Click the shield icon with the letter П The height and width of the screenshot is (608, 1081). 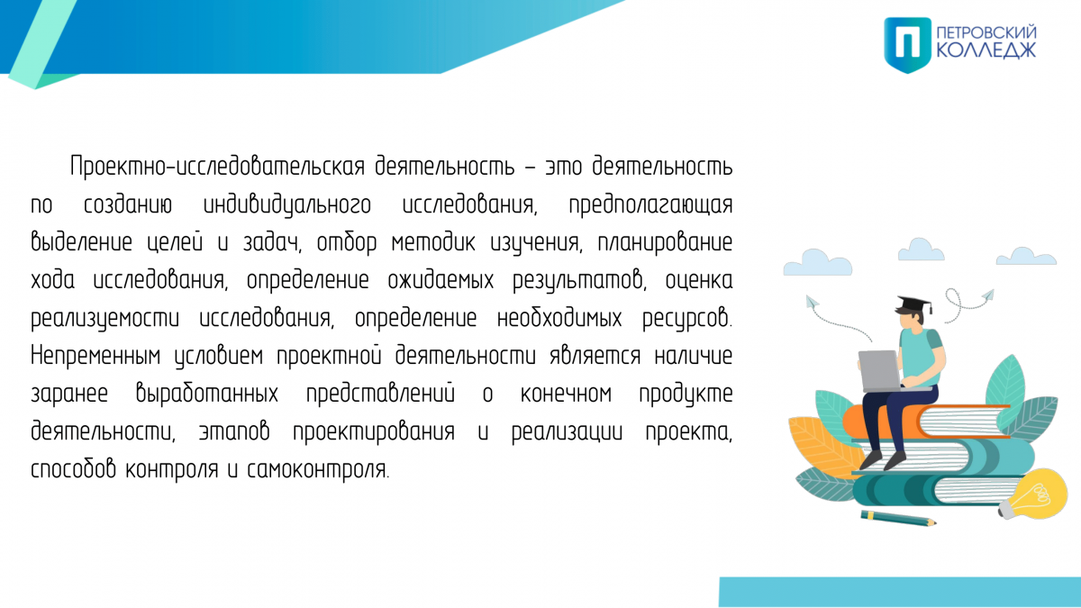pos(907,45)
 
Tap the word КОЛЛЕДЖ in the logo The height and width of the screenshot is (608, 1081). pos(986,50)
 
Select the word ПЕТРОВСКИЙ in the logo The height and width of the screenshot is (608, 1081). pos(986,32)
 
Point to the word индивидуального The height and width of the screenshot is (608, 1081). pos(287,205)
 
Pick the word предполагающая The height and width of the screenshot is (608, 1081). pos(650,205)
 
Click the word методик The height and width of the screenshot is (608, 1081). pos(433,242)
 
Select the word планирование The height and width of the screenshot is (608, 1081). pos(665,242)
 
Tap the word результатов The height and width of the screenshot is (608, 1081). pos(579,281)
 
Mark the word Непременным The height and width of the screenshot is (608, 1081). pos(95,356)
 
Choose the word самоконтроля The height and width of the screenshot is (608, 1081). pos(318,469)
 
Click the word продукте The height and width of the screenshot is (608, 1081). pos(686,395)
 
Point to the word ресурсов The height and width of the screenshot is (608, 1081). pos(687,319)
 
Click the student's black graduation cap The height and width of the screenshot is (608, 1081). pos(914,304)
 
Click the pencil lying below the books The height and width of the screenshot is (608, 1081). pos(899,518)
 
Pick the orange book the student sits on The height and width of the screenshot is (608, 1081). pos(927,422)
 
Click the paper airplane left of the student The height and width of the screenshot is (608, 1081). pos(812,303)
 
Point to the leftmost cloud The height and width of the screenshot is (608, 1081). pos(818,262)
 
